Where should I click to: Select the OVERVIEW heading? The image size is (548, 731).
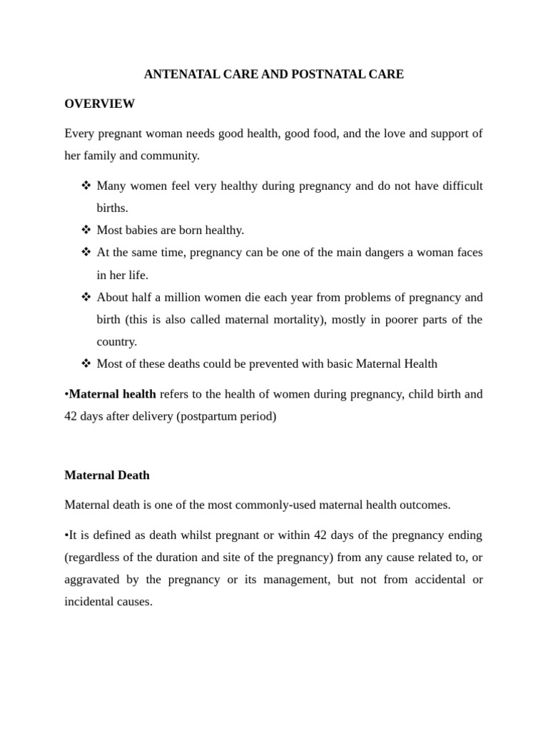(99, 104)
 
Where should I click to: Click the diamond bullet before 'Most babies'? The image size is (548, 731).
(86, 230)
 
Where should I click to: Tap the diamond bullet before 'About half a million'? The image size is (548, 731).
(86, 297)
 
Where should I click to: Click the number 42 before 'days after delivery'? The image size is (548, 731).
(71, 416)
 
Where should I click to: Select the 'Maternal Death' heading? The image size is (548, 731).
(107, 475)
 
